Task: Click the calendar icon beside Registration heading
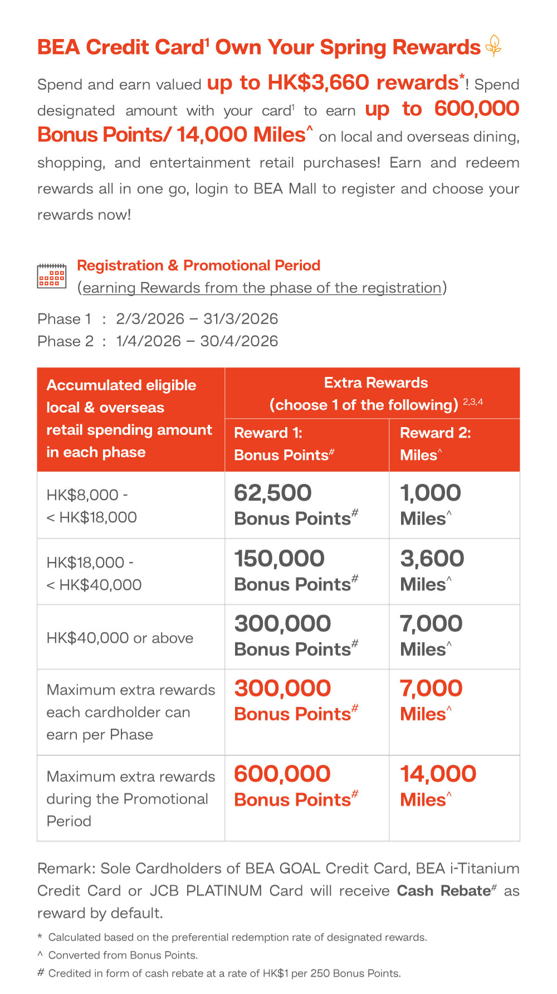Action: click(x=51, y=276)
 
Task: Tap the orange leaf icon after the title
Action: click(x=494, y=46)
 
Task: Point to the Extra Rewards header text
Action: click(x=376, y=383)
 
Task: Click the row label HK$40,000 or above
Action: click(x=120, y=638)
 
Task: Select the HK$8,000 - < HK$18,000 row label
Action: click(x=92, y=506)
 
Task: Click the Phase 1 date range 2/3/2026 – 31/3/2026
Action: click(x=197, y=319)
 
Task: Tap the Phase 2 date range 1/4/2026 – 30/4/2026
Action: click(x=197, y=341)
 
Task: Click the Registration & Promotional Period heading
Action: click(x=198, y=265)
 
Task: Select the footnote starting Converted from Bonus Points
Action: click(x=123, y=955)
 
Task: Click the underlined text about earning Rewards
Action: click(x=262, y=288)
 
